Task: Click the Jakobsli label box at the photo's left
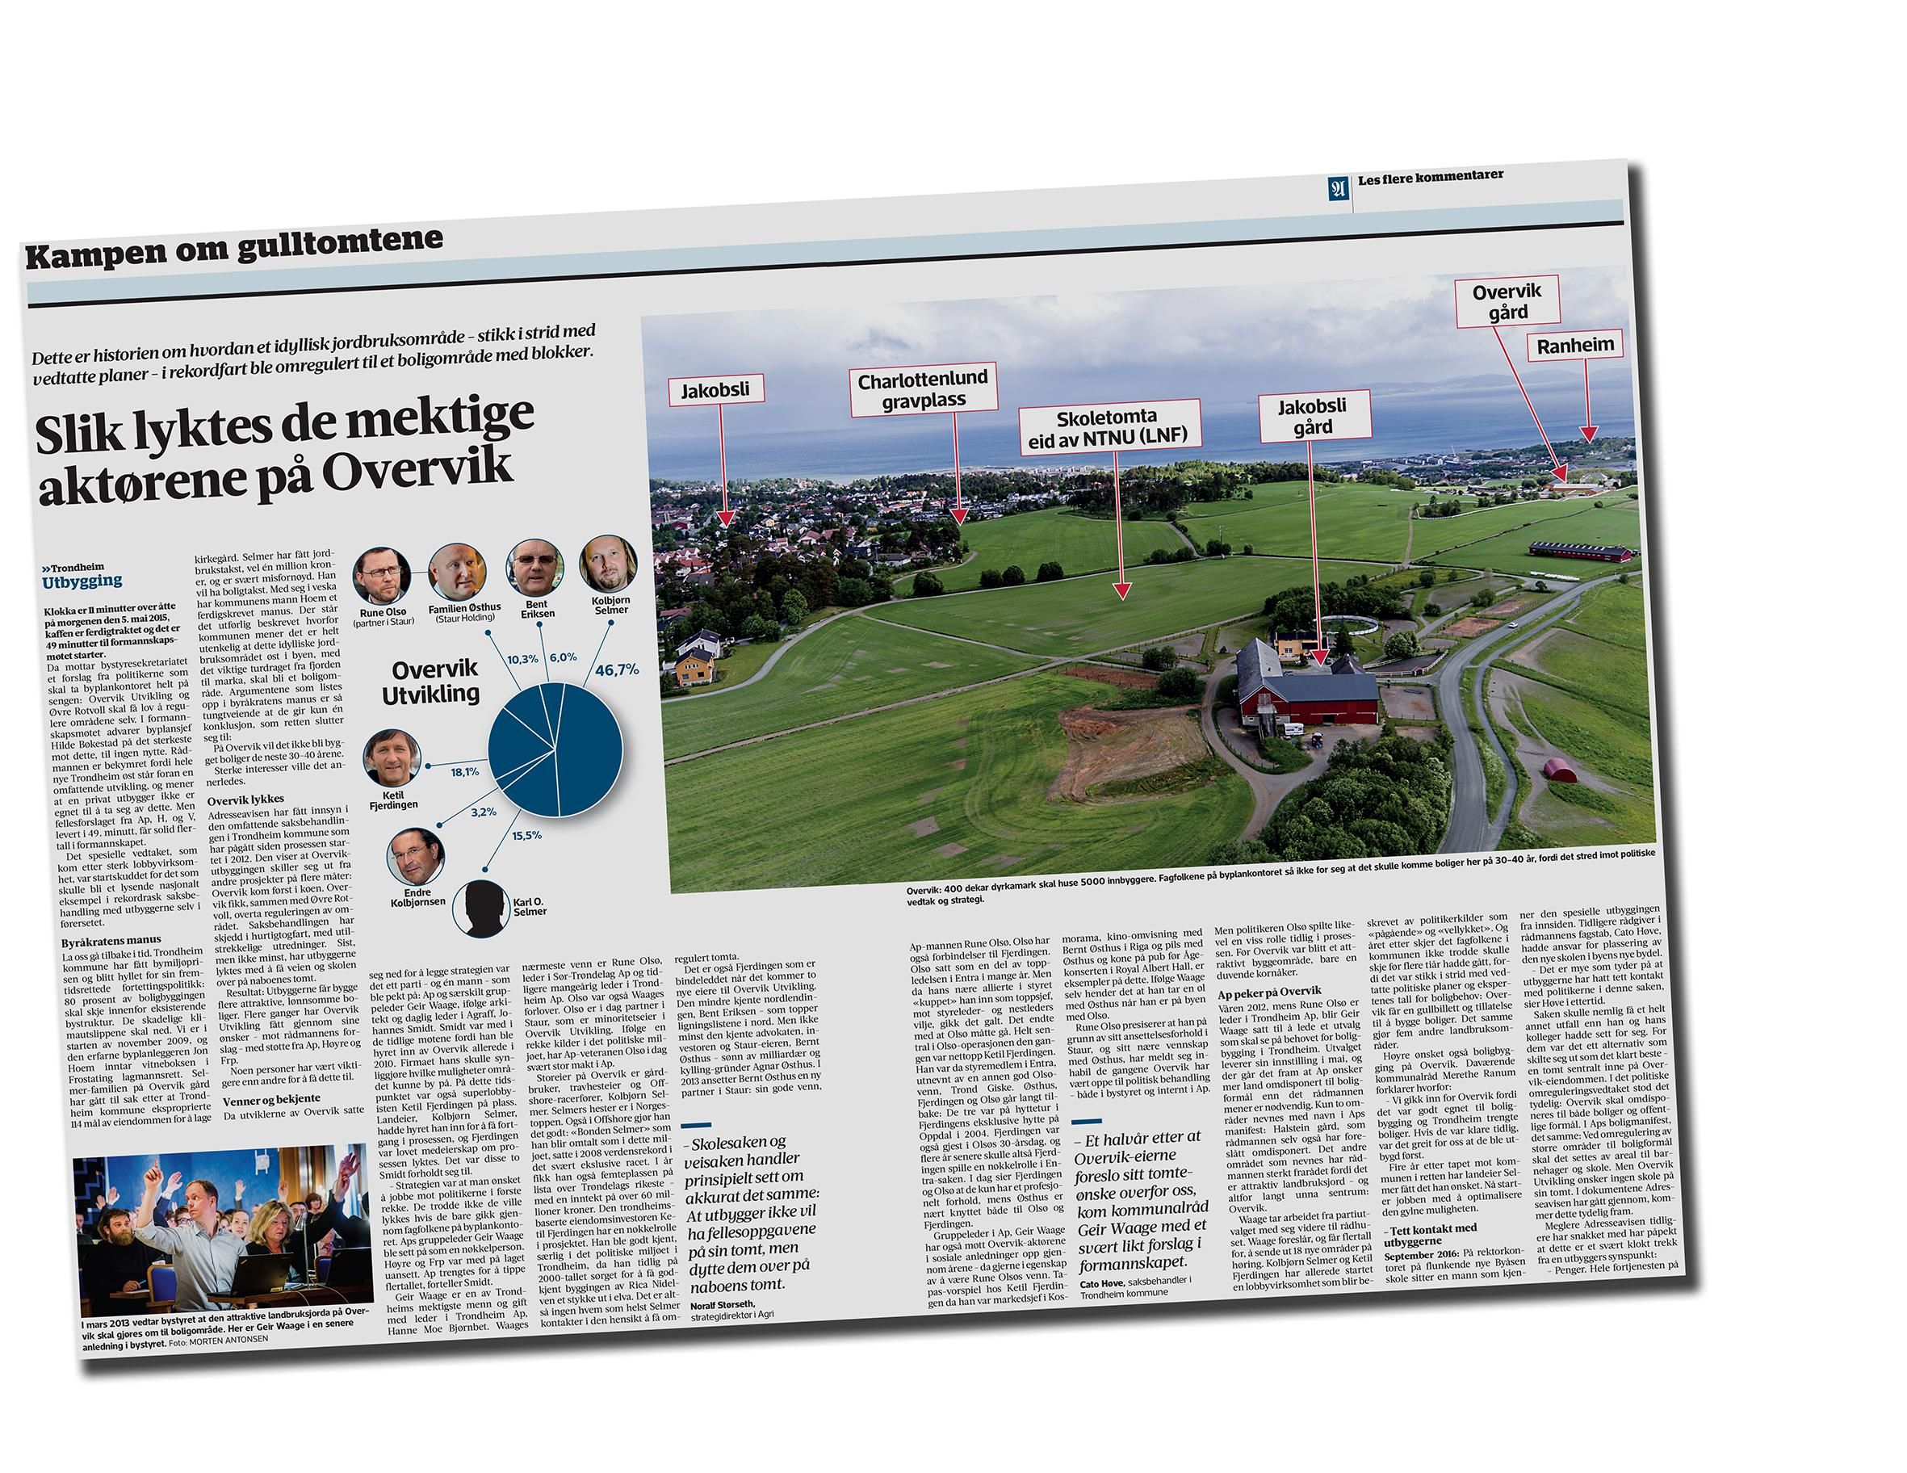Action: coord(715,389)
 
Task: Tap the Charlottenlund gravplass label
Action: coord(922,389)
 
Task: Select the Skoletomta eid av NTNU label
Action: coord(1108,427)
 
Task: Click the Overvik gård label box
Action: coord(1507,302)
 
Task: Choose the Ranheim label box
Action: coord(1575,345)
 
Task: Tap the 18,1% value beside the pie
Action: coord(464,772)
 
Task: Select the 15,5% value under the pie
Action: coord(526,836)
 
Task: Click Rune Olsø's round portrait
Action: coord(382,577)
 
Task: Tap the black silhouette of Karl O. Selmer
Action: coord(481,908)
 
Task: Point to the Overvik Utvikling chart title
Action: coord(432,682)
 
